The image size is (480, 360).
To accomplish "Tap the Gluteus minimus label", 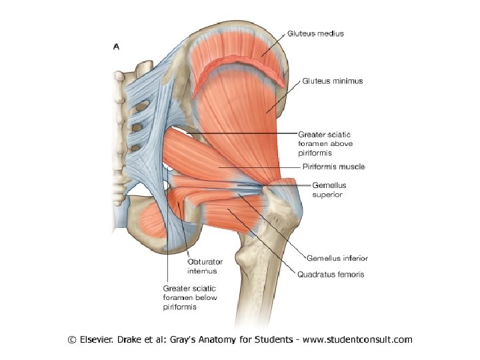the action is point(333,81).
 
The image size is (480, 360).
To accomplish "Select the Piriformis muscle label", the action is point(332,166).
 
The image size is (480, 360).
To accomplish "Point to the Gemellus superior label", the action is point(329,189).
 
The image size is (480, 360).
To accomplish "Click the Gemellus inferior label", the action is point(337,258).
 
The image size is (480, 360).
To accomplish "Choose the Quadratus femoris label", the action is point(331,273).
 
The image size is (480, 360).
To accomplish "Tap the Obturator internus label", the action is point(202,266).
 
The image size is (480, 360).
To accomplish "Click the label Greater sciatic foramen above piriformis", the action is point(325,143).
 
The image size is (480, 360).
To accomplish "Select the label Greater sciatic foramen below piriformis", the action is point(190,298).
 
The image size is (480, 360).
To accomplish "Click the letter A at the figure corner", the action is point(117,47).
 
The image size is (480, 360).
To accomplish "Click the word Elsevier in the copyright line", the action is point(100,339).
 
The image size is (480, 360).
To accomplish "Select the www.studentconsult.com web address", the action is point(357,339).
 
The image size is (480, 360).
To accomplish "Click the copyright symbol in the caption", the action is point(72,340).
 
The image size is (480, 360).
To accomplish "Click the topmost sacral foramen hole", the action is point(137,109).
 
